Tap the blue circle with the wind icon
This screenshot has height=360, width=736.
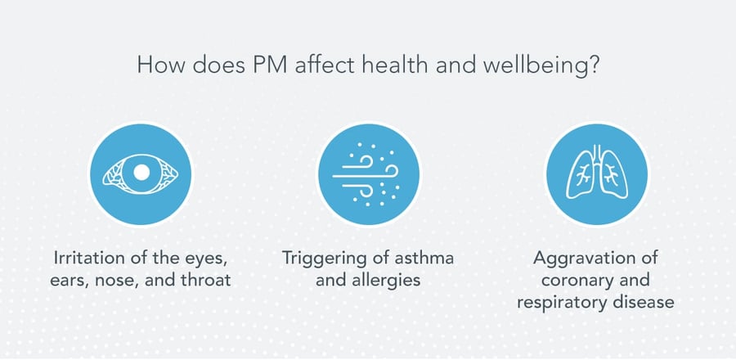(x=368, y=173)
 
